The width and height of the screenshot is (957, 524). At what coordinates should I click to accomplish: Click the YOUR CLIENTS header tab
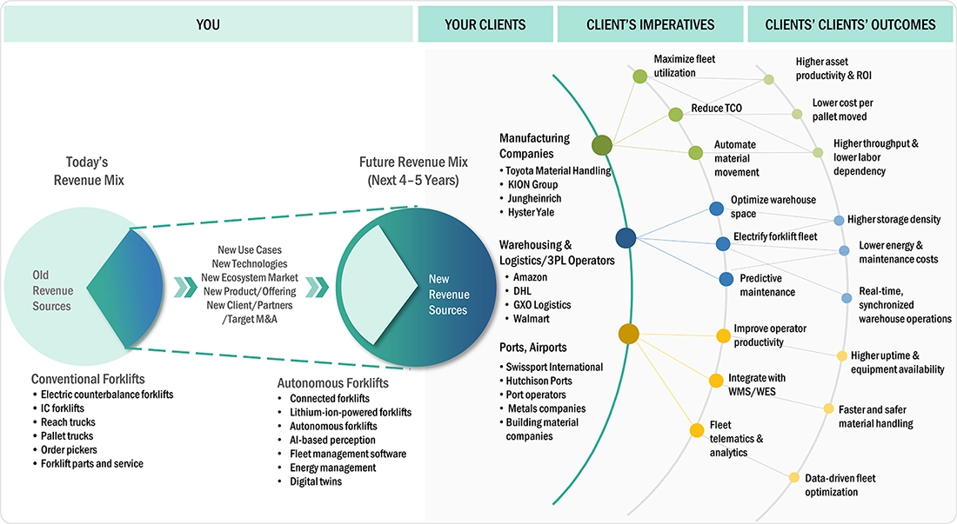(485, 24)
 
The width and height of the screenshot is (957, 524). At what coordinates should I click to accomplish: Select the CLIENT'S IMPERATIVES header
(650, 24)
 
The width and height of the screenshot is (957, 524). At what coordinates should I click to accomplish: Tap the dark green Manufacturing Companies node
(602, 145)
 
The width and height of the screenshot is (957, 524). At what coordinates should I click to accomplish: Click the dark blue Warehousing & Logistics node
(626, 237)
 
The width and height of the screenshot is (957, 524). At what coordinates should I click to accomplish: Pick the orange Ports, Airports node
(629, 334)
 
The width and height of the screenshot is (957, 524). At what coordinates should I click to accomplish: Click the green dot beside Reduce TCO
(676, 114)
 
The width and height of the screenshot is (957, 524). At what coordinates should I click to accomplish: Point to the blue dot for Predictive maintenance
(726, 279)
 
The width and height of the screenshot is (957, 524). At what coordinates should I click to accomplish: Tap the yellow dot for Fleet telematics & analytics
(697, 430)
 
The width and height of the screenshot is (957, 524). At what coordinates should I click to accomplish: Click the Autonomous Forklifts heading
(332, 383)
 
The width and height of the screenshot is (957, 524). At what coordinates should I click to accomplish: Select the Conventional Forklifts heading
(88, 379)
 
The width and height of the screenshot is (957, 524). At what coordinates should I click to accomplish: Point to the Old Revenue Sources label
(52, 290)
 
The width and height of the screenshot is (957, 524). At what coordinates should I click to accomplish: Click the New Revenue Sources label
(449, 295)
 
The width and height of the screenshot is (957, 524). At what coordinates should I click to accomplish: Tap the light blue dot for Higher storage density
(840, 221)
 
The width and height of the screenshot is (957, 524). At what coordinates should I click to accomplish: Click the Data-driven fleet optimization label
(840, 485)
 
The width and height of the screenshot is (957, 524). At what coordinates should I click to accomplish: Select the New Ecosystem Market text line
(250, 277)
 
